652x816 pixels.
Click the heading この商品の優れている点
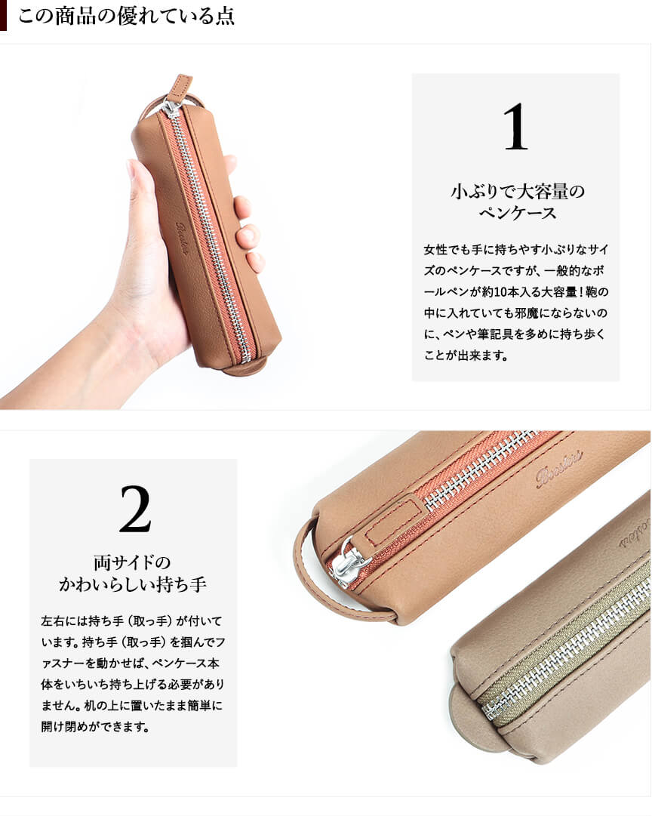point(127,16)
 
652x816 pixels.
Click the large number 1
point(515,127)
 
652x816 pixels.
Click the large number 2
point(135,509)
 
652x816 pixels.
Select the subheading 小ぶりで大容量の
point(517,192)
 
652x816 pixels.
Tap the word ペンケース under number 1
point(517,213)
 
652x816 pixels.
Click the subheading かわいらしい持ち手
point(133,584)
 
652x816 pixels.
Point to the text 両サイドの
point(133,562)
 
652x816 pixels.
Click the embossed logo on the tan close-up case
point(560,469)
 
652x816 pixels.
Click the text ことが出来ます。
point(466,356)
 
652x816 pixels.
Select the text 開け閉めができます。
point(95,726)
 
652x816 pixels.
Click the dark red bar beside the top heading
point(3,15)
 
